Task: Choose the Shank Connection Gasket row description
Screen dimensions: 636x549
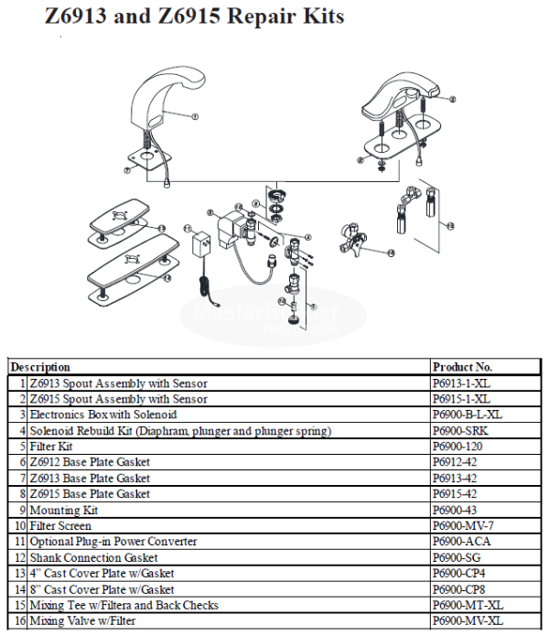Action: pyautogui.click(x=93, y=557)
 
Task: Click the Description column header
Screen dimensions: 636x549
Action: pyautogui.click(x=40, y=367)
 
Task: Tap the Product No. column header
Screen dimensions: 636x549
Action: pyautogui.click(x=464, y=367)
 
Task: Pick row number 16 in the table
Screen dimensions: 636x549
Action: pyautogui.click(x=19, y=621)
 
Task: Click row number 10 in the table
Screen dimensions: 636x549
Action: pyautogui.click(x=19, y=526)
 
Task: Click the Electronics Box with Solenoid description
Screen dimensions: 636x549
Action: pyautogui.click(x=103, y=415)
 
